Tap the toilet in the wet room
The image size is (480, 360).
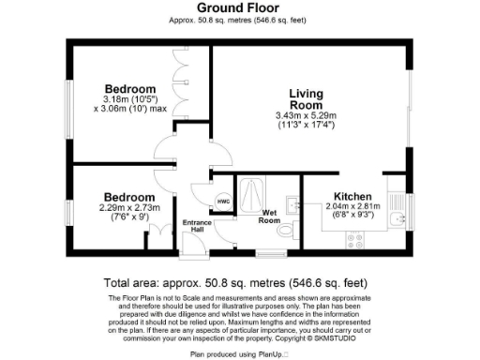click(x=293, y=227)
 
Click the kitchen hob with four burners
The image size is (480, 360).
click(x=357, y=240)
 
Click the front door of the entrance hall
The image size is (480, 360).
click(x=193, y=246)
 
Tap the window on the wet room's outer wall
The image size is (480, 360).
click(x=272, y=254)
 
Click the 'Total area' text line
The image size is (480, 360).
click(x=240, y=282)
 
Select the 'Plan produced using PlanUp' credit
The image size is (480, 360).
click(x=240, y=354)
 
